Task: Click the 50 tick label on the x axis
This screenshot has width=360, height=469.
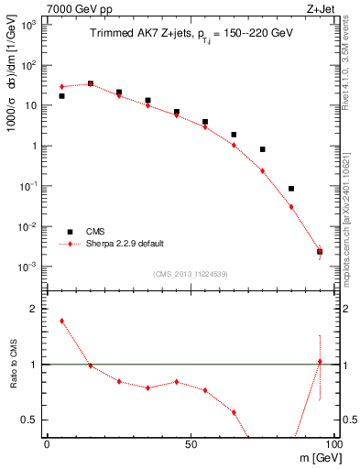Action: (190, 443)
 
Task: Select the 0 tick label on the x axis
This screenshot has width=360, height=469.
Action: (47, 443)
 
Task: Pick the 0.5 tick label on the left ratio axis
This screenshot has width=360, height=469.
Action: (29, 420)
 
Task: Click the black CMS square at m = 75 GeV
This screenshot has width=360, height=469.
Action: (262, 149)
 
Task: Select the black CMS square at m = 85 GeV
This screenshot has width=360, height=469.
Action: (291, 189)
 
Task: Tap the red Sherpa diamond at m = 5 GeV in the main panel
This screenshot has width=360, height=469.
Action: (61, 87)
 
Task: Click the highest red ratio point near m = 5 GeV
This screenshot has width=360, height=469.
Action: (61, 321)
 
